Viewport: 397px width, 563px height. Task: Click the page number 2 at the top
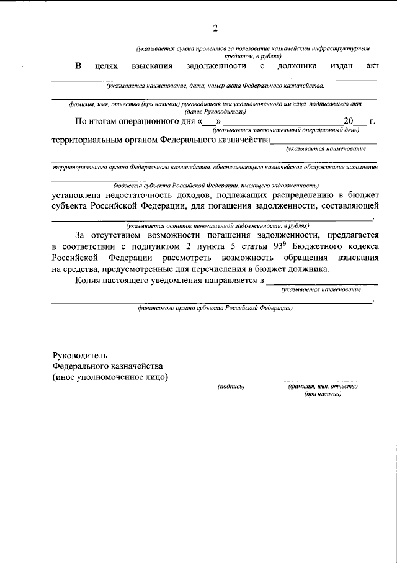click(215, 28)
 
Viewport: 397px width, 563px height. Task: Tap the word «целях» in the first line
click(107, 65)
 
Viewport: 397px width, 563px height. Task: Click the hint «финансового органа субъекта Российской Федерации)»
click(215, 308)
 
